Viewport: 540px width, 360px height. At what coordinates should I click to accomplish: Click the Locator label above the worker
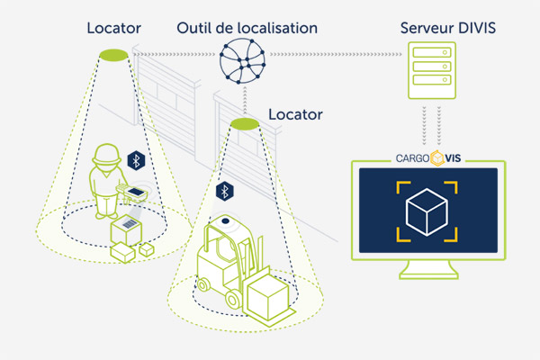click(x=113, y=28)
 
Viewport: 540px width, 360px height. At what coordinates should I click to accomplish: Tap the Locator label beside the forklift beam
click(x=295, y=114)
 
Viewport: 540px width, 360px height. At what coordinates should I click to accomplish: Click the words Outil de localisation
click(x=247, y=28)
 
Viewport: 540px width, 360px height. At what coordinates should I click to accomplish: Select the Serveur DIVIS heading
click(x=447, y=28)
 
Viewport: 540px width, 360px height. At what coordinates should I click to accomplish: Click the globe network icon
click(x=242, y=61)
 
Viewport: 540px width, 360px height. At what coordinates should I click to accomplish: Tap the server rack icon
click(x=432, y=70)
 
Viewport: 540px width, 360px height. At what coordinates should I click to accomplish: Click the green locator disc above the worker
click(x=113, y=55)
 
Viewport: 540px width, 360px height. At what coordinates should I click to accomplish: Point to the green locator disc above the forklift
click(x=245, y=124)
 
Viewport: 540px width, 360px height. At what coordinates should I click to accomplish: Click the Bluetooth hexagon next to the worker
click(x=137, y=160)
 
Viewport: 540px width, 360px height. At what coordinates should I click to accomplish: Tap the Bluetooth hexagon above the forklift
click(x=225, y=191)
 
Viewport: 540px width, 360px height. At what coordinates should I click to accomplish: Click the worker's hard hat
click(x=107, y=154)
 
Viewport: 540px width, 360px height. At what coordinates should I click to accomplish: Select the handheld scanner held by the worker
click(x=132, y=193)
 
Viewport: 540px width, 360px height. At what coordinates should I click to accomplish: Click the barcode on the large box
click(x=130, y=224)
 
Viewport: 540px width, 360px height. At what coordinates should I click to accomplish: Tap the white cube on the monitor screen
click(x=427, y=211)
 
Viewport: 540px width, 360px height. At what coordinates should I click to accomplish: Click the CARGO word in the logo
click(x=412, y=158)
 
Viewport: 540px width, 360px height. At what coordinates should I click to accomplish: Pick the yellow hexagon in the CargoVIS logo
click(x=437, y=158)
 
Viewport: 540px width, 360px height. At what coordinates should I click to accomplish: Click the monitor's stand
click(x=428, y=269)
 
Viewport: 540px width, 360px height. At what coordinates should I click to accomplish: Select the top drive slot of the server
click(x=432, y=53)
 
